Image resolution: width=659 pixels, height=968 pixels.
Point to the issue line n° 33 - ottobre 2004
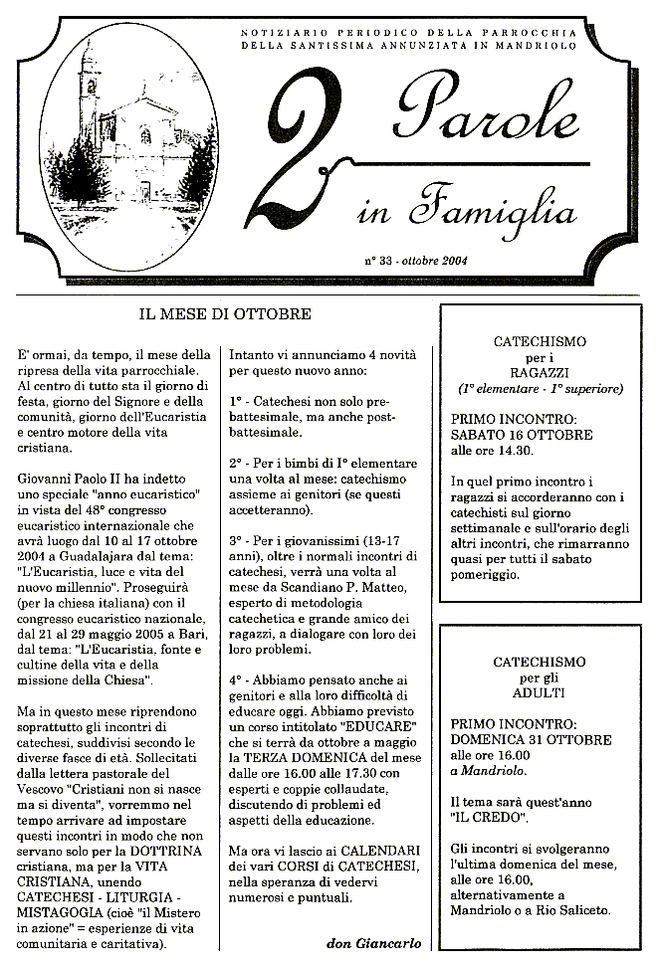point(417,261)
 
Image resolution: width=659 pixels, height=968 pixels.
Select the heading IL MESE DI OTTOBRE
point(225,314)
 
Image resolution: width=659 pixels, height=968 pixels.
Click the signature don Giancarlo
point(373,942)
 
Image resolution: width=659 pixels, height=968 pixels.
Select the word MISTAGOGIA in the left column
point(65,909)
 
